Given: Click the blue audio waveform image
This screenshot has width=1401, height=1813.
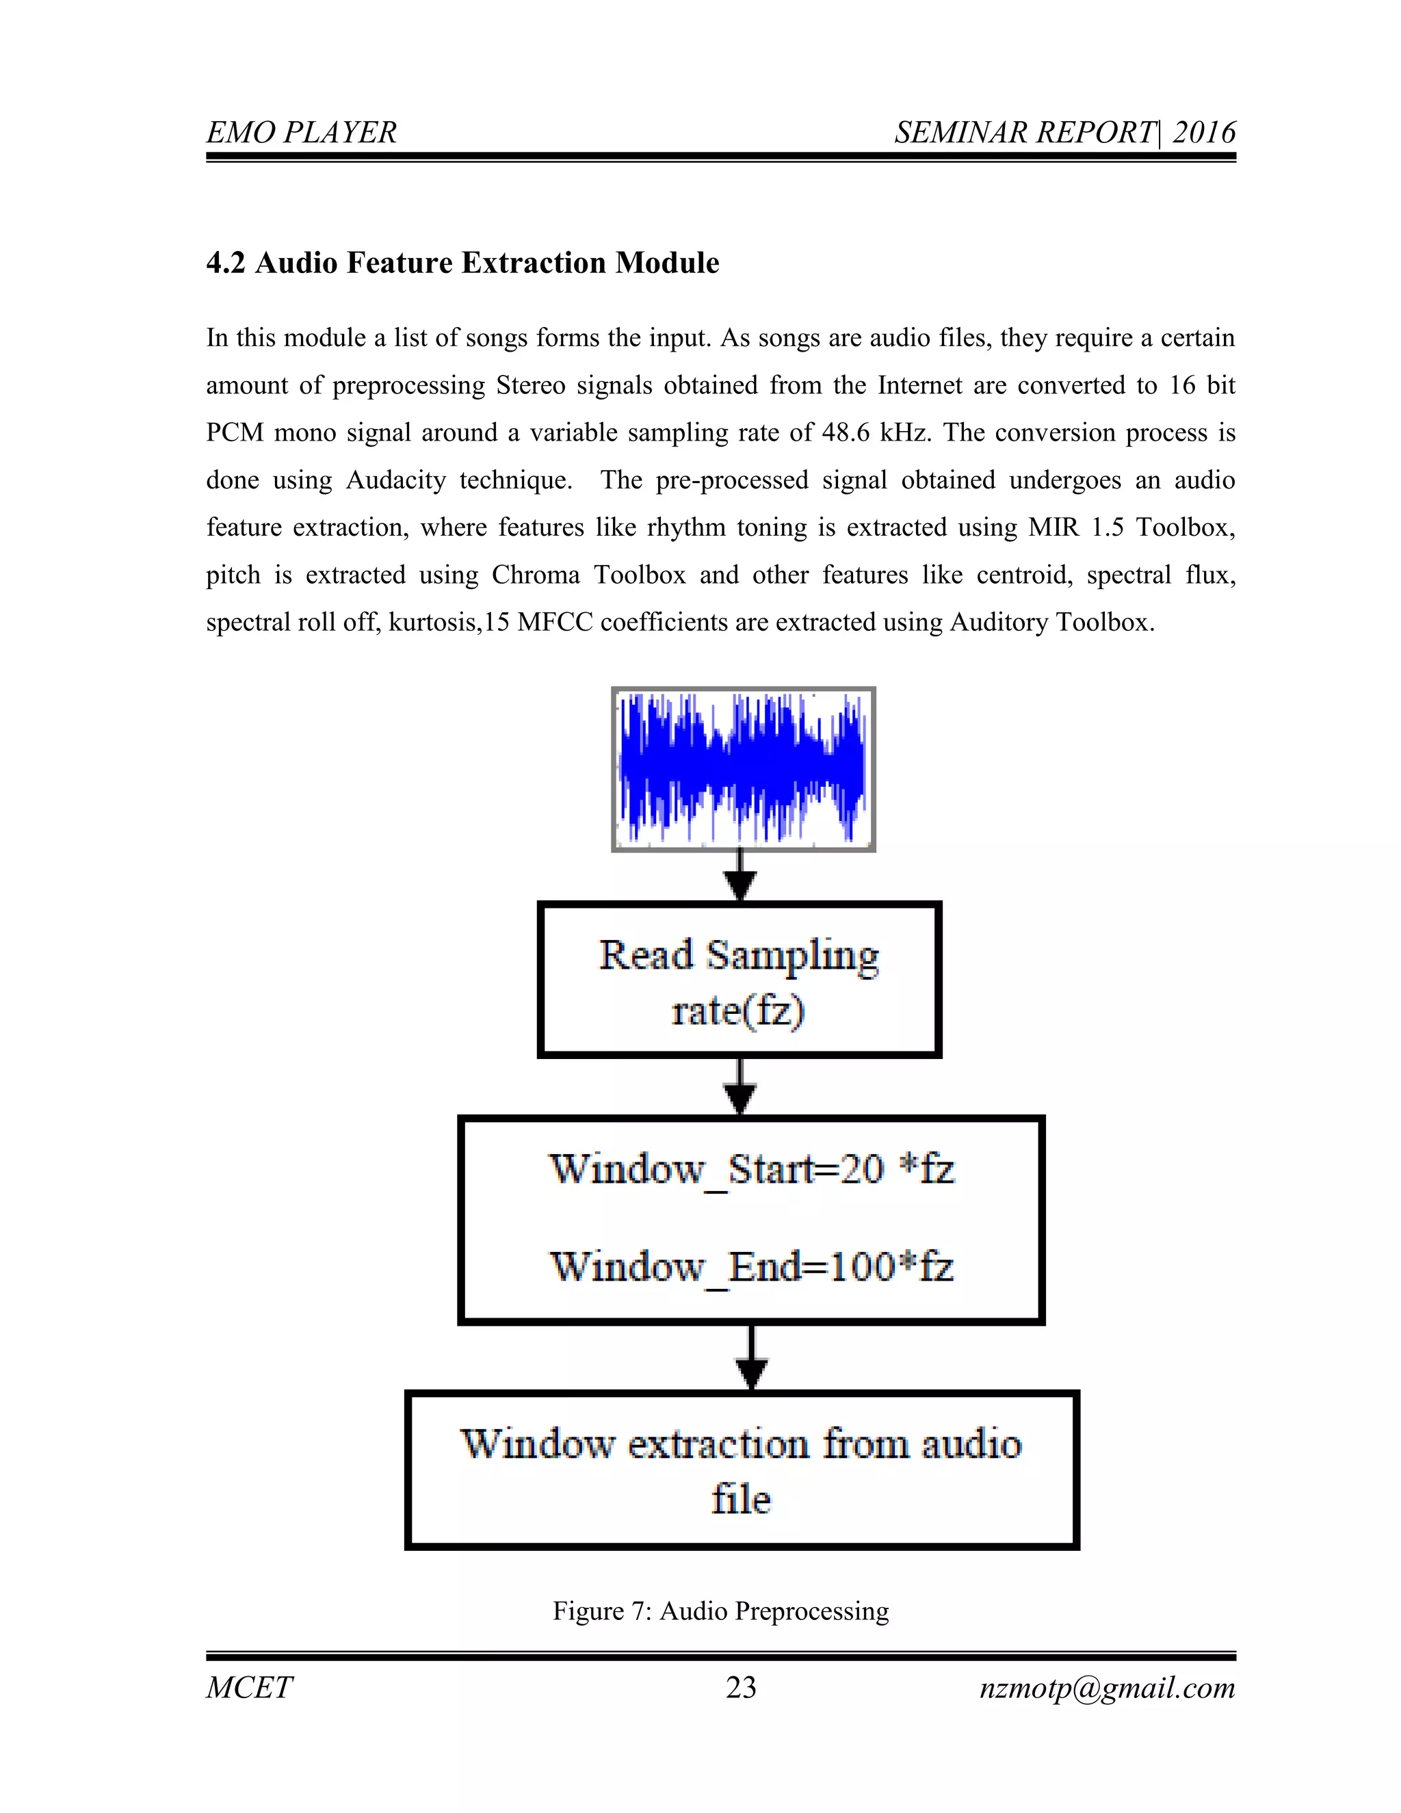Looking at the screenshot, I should tap(743, 769).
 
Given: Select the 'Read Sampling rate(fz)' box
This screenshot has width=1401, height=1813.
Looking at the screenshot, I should tap(739, 980).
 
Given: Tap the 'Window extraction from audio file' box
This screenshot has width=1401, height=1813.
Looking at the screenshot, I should tap(741, 1471).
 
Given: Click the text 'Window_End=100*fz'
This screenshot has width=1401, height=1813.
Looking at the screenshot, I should tap(751, 1267).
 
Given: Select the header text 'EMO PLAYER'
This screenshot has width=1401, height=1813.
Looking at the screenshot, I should tap(301, 133).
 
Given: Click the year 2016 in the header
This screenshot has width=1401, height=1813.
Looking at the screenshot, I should tap(1203, 133).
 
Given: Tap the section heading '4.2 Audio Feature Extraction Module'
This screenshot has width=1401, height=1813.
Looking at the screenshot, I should tap(462, 263).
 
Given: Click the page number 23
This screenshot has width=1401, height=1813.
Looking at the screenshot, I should tap(740, 1688).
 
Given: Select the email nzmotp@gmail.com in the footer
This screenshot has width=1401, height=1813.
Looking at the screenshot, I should tap(1108, 1688).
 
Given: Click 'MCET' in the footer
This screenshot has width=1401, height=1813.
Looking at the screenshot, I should tap(249, 1688).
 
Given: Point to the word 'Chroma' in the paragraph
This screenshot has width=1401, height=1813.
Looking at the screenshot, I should tap(536, 575).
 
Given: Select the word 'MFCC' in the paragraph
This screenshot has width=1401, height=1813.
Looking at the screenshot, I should tap(554, 623).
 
